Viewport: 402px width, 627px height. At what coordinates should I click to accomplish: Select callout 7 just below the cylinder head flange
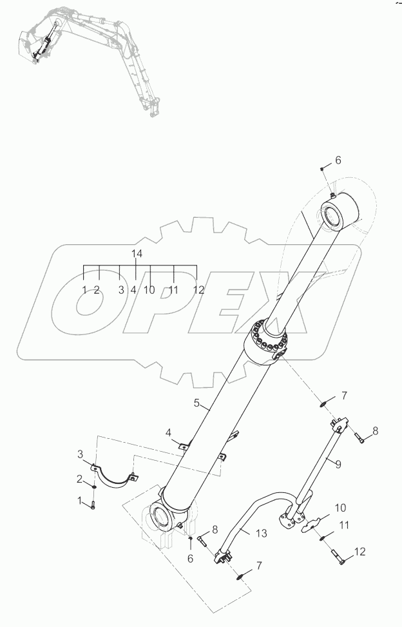pyautogui.click(x=344, y=394)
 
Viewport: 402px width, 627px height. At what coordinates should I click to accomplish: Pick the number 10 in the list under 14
pyautogui.click(x=149, y=290)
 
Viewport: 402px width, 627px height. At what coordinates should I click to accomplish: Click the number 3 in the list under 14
pyautogui.click(x=120, y=290)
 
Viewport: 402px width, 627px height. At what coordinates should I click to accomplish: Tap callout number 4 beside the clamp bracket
pyautogui.click(x=168, y=432)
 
